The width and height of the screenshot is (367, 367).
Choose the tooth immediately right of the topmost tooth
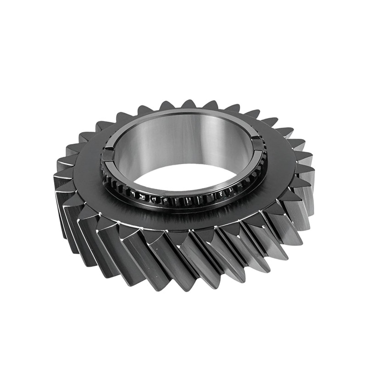pyautogui.click(x=210, y=105)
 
